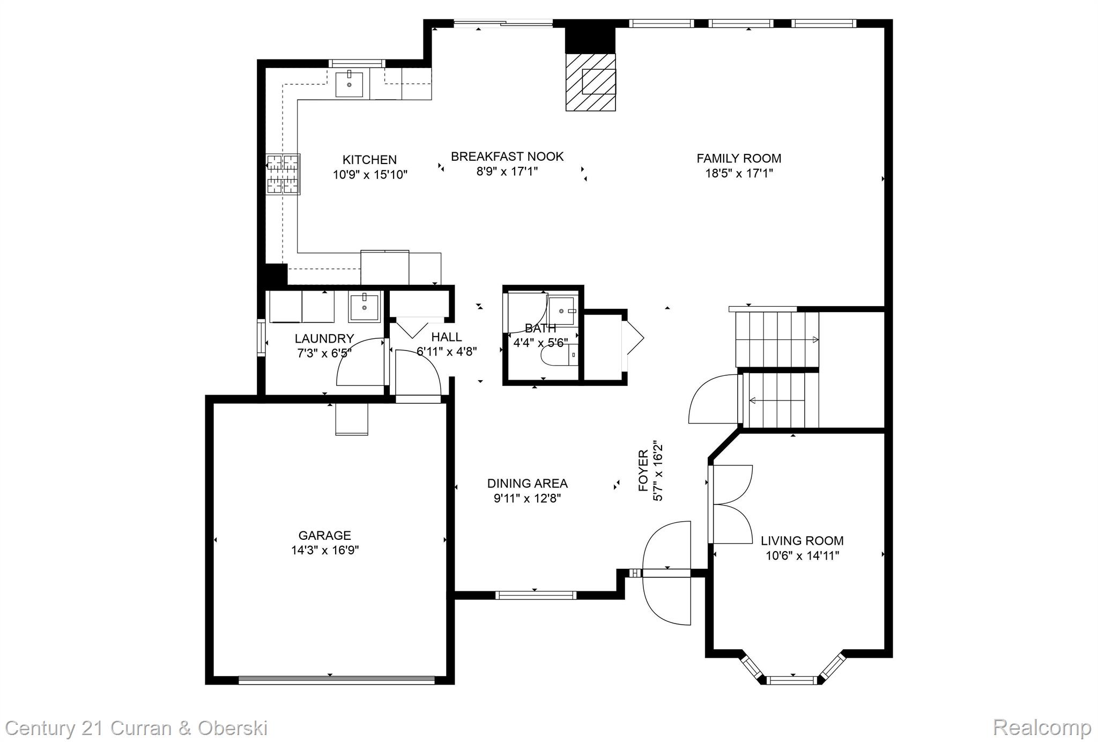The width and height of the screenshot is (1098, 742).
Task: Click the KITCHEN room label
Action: coord(369,160)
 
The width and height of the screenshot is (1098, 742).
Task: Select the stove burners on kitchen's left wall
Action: coord(283,174)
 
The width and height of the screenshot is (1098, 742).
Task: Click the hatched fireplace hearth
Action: coord(591,82)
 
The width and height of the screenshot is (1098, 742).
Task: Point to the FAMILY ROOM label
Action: coord(739,158)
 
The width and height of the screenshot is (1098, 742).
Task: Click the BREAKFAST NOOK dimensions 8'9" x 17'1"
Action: coord(507,172)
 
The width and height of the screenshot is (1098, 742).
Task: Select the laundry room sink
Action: coord(364,307)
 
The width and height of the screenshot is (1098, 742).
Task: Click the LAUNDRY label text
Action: coord(324,339)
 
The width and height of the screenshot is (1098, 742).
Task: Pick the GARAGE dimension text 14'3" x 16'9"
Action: coord(325,550)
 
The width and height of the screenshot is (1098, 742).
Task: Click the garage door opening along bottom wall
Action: coord(336,680)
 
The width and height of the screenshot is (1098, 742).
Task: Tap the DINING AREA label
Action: coord(527,483)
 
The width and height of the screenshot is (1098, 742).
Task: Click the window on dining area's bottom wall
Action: coord(535,595)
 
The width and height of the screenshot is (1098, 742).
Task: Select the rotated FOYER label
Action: coord(643,471)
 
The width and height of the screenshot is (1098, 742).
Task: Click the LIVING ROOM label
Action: coord(802,540)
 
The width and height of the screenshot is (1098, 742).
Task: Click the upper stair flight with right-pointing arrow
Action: coord(776,339)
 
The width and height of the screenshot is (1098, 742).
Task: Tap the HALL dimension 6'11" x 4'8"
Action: coord(447,352)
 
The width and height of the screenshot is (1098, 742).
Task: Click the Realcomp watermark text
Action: coord(1042,728)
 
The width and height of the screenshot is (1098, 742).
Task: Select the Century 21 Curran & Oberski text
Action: coord(136,729)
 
